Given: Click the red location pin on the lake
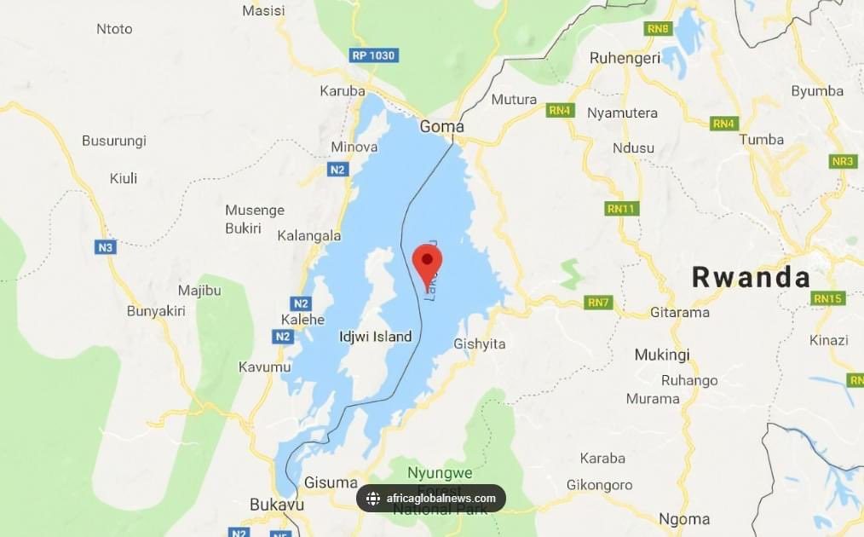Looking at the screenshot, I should [427, 263].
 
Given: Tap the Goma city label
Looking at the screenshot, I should [442, 127].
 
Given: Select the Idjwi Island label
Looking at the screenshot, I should [375, 337].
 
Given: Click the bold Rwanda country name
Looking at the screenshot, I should [751, 277].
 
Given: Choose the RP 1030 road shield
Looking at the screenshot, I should [373, 55].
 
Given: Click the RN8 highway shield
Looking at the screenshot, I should [658, 29].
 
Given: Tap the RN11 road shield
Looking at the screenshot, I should [622, 209].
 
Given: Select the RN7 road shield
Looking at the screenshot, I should [598, 303].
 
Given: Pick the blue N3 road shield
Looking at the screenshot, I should [105, 247].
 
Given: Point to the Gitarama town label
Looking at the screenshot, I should [680, 312].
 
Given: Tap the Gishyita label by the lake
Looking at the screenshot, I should [480, 344].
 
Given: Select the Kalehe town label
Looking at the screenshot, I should [303, 320].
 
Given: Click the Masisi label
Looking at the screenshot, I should [263, 11].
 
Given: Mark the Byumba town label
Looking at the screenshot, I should [817, 91].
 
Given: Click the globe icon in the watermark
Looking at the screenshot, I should [373, 499].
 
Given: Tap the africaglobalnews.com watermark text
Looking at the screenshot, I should [441, 499].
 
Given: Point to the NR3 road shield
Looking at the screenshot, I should [843, 161].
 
